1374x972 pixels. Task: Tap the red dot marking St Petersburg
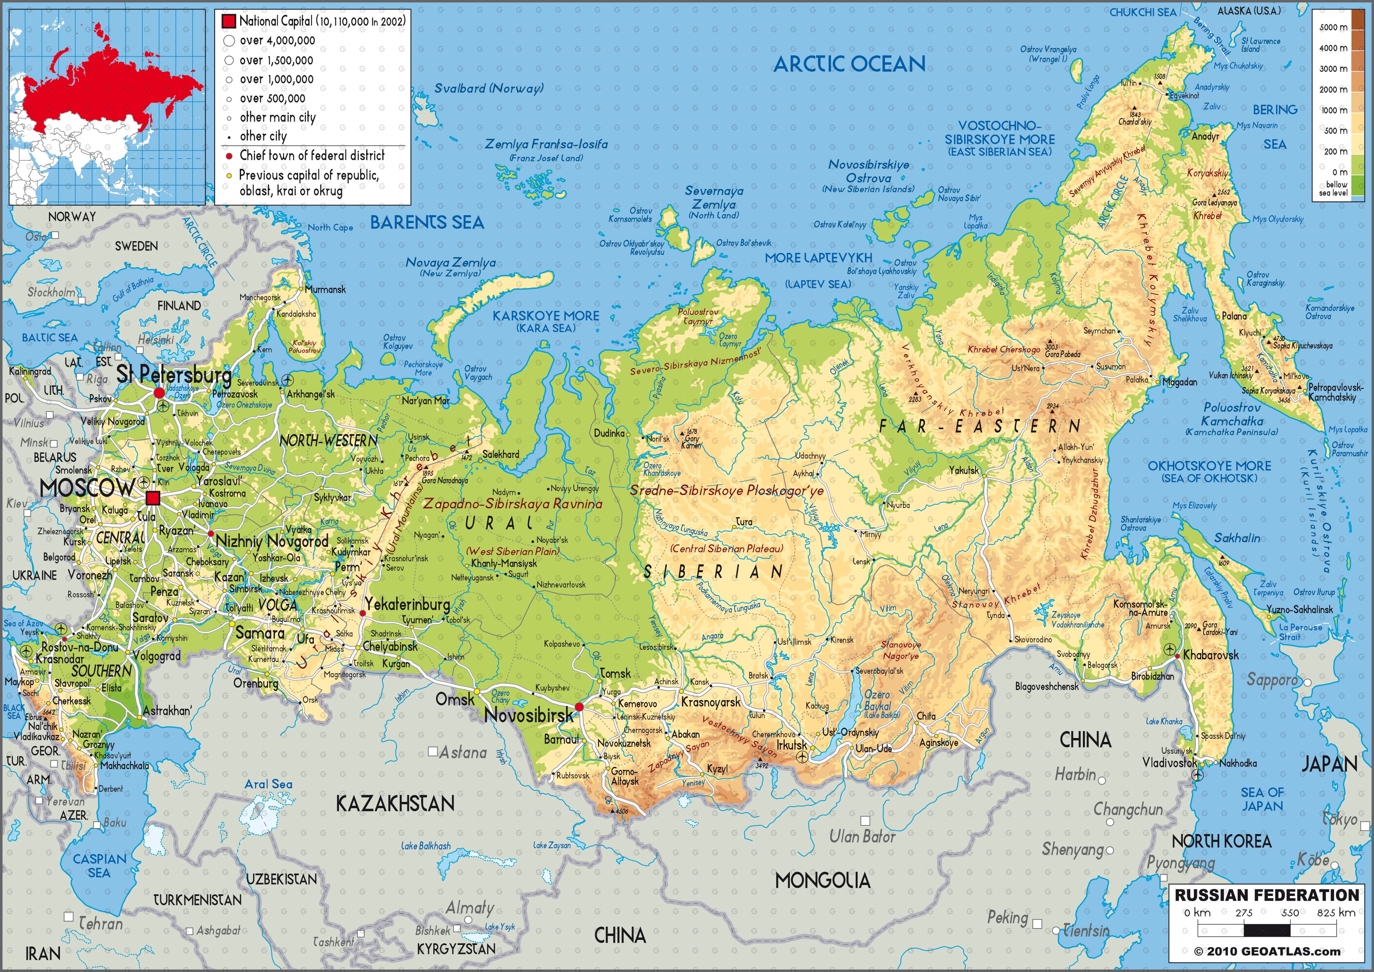click(159, 393)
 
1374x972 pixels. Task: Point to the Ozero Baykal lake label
click(877, 700)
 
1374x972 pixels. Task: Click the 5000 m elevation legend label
click(1333, 27)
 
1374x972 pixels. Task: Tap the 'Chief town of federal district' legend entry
click(312, 156)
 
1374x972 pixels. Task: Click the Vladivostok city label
click(1169, 763)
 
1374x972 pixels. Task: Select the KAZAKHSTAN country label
click(395, 803)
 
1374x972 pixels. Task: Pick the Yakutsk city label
click(963, 470)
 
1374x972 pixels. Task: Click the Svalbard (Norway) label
click(488, 89)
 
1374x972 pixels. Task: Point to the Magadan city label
click(1180, 382)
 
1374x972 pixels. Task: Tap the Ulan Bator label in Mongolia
click(862, 836)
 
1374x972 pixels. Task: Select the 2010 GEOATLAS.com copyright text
click(1267, 952)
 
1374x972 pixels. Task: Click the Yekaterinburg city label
click(407, 604)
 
